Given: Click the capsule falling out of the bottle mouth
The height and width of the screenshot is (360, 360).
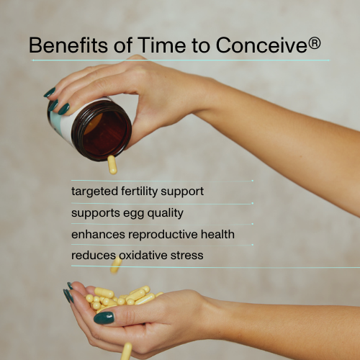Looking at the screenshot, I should pos(112,165).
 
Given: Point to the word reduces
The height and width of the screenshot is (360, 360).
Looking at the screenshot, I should pos(92,255).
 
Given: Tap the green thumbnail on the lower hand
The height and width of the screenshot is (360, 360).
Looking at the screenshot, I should pos(104,318).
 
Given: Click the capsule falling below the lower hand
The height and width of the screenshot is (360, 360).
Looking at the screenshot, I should pos(127,351).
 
